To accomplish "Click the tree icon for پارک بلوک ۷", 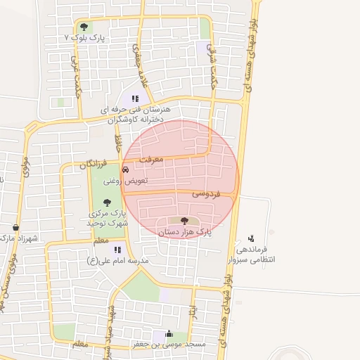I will [84, 27].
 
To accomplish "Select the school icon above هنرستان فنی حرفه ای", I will [134, 98].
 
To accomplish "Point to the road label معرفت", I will [151, 160].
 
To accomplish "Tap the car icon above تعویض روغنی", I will [126, 169].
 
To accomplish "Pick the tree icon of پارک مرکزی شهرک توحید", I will [107, 202].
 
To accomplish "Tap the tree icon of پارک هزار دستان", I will [184, 221].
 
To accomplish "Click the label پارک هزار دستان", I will [184, 231].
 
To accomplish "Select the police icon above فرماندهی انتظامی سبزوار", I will [251, 238].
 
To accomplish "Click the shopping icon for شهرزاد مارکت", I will [15, 228].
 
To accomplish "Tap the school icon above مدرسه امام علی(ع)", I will [117, 250].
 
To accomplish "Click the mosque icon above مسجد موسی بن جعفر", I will [167, 334].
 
